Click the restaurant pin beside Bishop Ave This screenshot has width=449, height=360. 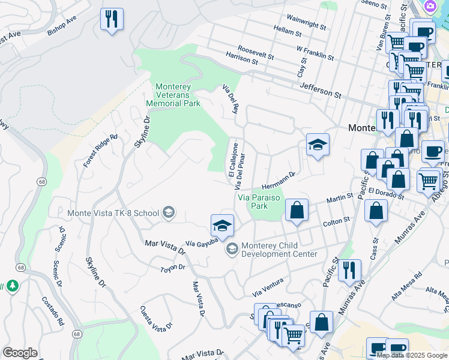111,19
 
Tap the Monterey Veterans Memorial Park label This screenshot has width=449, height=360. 173,95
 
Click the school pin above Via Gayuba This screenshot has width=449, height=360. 221,226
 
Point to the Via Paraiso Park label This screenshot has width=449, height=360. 261,201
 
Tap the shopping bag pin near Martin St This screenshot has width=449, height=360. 297,211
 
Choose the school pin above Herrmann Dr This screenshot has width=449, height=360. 318,145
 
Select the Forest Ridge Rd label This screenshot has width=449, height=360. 100,151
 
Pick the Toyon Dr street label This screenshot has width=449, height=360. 173,267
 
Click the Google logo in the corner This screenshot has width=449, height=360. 19,353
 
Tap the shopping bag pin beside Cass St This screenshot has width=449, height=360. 376,211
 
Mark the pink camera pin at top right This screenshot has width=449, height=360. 430,6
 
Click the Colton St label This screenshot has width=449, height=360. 336,221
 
